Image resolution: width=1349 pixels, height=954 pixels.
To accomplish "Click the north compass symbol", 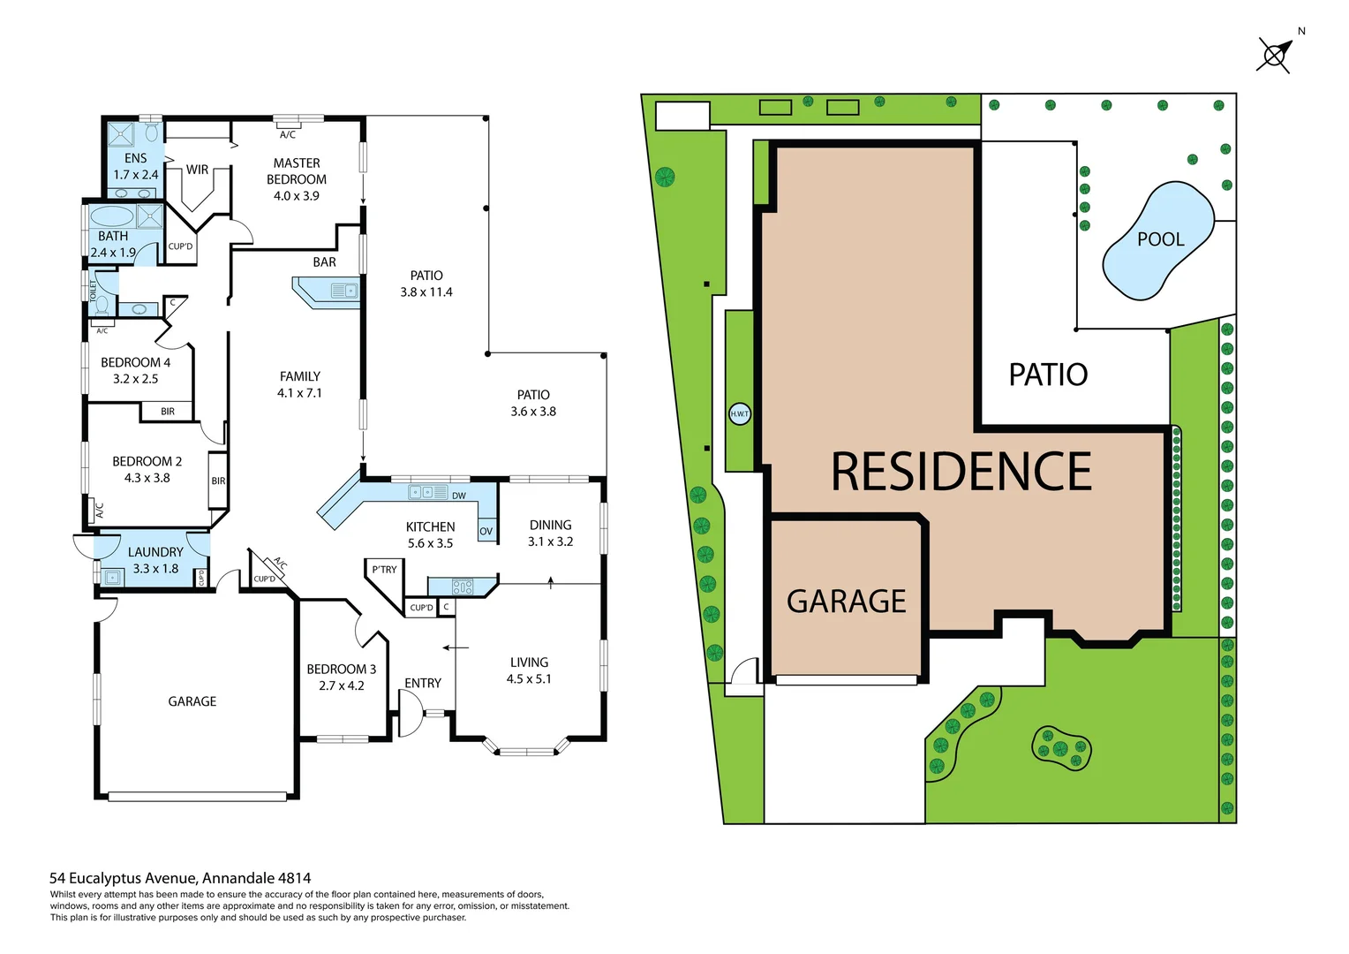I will (1275, 55).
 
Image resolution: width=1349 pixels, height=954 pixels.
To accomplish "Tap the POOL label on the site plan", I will (1160, 239).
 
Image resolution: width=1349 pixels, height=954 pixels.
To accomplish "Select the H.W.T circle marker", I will (739, 413).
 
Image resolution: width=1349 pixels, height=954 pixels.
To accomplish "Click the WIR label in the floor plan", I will (197, 170).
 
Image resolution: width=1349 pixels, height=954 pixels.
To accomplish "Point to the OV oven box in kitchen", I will (486, 531).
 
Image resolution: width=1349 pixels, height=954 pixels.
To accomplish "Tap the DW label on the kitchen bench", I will (459, 496).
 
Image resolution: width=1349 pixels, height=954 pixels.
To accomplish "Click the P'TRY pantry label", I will (384, 570).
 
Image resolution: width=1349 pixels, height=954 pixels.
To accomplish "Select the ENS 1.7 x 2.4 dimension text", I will (136, 175).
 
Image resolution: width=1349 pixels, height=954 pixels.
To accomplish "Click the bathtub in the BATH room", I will (112, 216).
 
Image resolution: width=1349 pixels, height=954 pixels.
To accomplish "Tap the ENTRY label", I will (423, 683).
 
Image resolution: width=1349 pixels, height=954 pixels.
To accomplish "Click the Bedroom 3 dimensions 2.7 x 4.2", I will (342, 685).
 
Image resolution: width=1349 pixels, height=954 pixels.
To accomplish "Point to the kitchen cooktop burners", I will (463, 586).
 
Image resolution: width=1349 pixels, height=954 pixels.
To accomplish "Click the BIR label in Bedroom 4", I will (168, 412).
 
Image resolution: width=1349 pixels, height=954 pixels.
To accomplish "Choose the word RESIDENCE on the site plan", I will (961, 472).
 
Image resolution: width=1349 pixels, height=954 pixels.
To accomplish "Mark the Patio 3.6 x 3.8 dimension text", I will (533, 412).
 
